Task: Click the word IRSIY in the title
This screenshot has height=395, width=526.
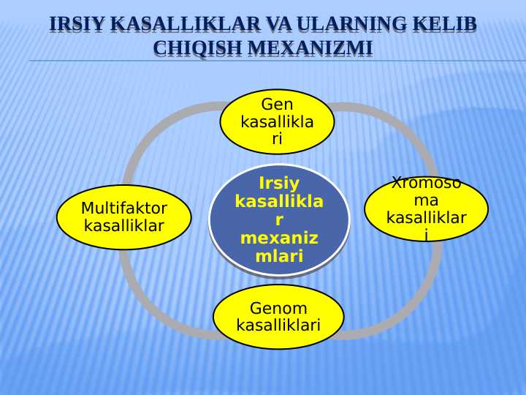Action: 77,26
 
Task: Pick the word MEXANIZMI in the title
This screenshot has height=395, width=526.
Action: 309,49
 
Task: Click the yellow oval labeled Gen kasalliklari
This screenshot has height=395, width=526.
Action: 277,121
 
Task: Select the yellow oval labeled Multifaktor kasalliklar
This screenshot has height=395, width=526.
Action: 123,217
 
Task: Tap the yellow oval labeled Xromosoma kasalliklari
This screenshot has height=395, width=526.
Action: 426,208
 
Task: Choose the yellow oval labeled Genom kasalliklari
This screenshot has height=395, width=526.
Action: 278,317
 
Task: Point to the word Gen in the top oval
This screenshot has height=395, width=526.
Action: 277,105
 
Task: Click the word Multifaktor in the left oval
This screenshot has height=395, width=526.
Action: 124,208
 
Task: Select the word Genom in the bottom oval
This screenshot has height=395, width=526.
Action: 278,308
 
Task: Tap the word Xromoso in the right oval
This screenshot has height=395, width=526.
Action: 426,184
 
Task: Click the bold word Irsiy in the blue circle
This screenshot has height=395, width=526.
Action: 278,183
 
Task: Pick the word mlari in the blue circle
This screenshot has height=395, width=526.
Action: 278,256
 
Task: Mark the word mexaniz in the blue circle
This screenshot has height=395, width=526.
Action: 278,238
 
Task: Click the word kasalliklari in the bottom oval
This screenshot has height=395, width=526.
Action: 278,326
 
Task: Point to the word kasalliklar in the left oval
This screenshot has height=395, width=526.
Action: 124,225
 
